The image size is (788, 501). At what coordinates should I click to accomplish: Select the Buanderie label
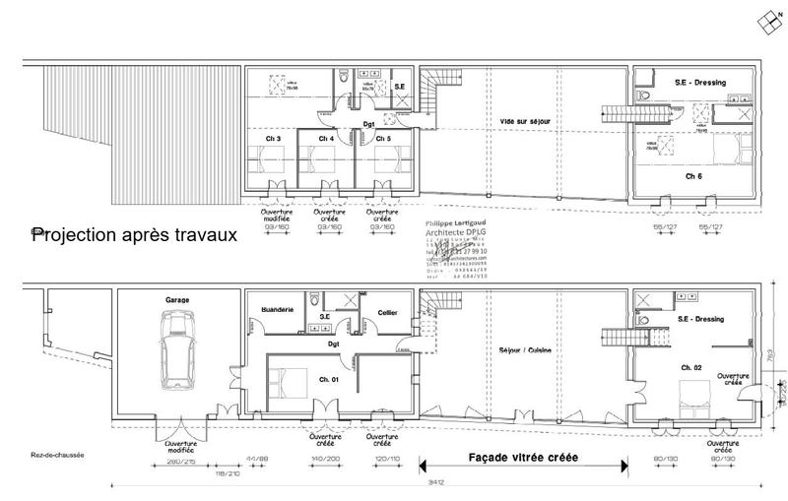[x=278, y=309]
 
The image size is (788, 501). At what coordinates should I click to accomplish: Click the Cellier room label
[x=385, y=312]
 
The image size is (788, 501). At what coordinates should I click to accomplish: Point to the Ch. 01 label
[x=329, y=380]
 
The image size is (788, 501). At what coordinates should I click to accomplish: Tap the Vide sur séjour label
[x=523, y=120]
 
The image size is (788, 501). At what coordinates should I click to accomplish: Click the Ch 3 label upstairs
[x=273, y=139]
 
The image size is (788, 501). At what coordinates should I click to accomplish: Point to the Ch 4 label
[x=326, y=139]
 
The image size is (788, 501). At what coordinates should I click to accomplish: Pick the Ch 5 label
[x=381, y=139]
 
